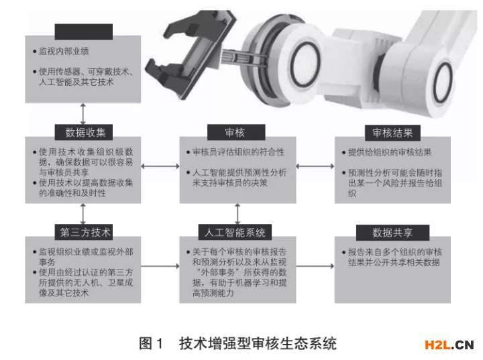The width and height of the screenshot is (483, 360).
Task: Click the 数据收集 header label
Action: (84, 133)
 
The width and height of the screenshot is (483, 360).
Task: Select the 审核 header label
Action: (236, 133)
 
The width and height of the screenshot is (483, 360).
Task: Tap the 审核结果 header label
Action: (392, 133)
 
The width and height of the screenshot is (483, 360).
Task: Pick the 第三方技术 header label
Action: (84, 232)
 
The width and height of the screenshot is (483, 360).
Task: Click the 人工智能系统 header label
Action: (235, 232)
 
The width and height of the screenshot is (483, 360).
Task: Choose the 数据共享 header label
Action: (392, 233)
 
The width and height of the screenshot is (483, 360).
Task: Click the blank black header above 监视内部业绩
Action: (84, 32)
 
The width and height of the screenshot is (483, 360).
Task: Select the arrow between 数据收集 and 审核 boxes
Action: (160, 166)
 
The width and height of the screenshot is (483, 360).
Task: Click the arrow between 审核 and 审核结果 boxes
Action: (315, 166)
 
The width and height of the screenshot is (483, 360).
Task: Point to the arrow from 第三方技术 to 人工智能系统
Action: (160, 265)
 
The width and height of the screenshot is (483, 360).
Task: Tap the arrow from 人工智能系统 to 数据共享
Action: (315, 265)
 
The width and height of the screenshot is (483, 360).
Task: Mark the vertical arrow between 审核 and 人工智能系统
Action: (237, 214)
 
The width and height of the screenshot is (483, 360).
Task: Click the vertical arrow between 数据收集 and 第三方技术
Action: (83, 214)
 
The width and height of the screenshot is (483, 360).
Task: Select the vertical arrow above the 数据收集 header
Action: (83, 114)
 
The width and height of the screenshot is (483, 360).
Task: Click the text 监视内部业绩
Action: (64, 51)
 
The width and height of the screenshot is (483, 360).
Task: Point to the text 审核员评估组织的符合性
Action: (238, 152)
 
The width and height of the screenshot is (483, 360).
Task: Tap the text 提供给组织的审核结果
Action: (390, 152)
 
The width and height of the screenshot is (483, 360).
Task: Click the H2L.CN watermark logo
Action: (449, 345)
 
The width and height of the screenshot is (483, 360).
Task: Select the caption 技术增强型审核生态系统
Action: (258, 343)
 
